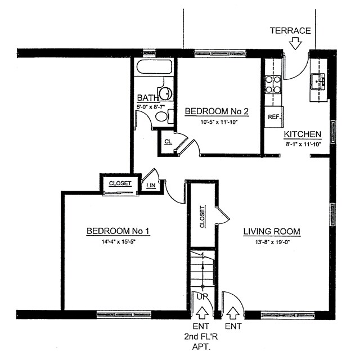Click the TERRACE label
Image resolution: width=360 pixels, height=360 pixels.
point(290,30)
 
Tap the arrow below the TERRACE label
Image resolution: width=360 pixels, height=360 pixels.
point(295,43)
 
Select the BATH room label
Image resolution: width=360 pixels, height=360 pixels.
point(147,98)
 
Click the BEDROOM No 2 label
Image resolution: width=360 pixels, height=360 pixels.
point(217,111)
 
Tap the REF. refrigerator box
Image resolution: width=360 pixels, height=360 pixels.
point(274,116)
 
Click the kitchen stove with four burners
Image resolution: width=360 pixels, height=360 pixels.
point(273,84)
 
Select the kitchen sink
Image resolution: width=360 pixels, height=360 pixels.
point(319,82)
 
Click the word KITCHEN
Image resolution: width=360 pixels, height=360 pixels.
point(302,134)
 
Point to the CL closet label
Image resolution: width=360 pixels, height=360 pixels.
point(168,141)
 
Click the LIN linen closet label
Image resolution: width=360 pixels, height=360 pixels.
point(150,185)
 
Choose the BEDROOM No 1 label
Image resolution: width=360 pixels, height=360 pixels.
point(118,231)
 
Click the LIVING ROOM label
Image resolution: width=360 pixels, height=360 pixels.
point(272,231)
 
